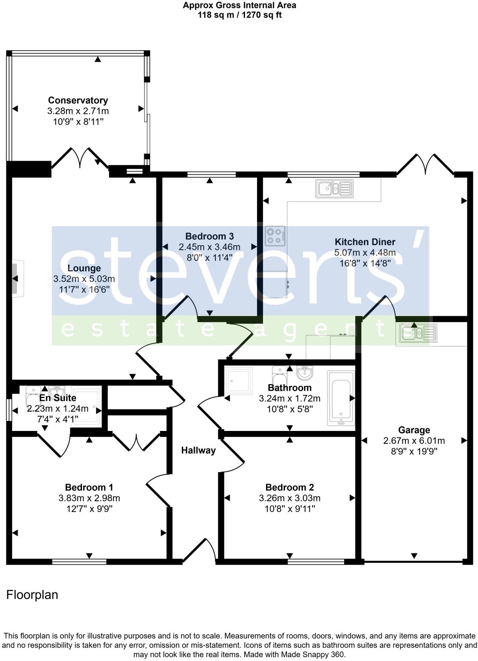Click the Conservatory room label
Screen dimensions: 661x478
pos(78,100)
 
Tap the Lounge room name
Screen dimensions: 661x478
pos(84,268)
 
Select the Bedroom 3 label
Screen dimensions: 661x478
pos(209,236)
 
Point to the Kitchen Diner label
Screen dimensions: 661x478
pos(365,242)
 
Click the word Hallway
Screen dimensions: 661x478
pos(198,450)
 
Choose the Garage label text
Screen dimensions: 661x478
pos(414,430)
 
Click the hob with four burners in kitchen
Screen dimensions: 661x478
pos(275,236)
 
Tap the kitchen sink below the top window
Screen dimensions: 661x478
pos(334,188)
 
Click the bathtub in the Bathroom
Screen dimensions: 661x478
pos(341,398)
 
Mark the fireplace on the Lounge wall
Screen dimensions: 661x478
pos(17,279)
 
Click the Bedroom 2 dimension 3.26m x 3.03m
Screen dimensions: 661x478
pos(290,498)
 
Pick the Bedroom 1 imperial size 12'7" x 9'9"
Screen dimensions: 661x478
pos(89,509)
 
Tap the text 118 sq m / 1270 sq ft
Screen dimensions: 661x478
pos(239,15)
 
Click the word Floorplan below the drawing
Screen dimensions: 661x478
pos(32,595)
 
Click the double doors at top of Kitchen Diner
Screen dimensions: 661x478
pos(426,165)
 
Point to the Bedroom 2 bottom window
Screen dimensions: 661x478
pos(315,561)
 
